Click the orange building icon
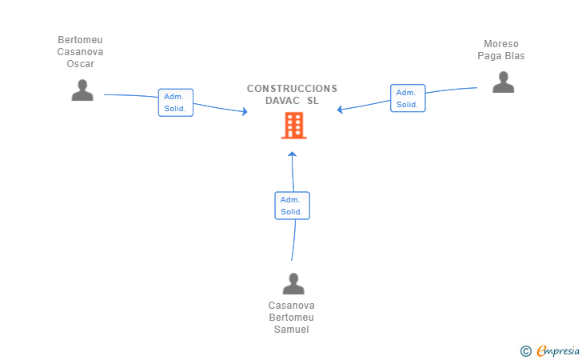coord(293,126)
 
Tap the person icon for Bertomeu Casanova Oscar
coord(82,90)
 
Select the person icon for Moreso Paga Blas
coord(503,82)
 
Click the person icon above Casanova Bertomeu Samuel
coord(293,283)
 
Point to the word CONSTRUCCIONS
coord(292,89)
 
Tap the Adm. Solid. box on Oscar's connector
coord(175,102)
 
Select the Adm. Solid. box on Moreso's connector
coord(407,98)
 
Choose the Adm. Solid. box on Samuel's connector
coord(292,206)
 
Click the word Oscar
coord(80,64)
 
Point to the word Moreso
coord(501,44)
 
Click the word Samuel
coord(291,330)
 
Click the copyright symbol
coord(525,350)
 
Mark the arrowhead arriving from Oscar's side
coord(245,112)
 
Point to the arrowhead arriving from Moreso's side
coord(341,110)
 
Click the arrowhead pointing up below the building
coord(293,154)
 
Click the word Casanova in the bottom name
coord(291,306)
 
